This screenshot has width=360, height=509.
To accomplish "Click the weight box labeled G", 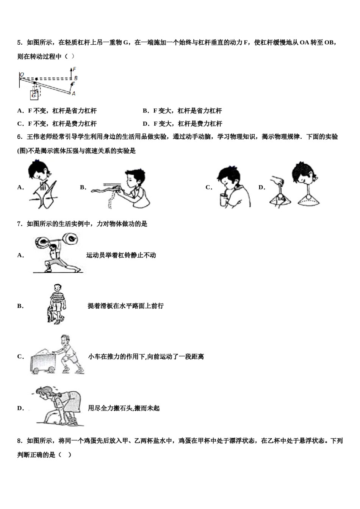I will click(34, 95).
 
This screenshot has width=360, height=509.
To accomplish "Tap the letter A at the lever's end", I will click(74, 94).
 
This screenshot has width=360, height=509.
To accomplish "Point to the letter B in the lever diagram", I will click(76, 78).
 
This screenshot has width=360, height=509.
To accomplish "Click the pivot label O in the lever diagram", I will click(22, 75).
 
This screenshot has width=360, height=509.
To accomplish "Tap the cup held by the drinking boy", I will click(223, 200).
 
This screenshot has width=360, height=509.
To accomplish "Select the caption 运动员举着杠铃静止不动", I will click(121, 255).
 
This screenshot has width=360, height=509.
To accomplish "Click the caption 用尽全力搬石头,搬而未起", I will click(124, 408).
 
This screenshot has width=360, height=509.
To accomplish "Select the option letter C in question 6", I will click(208, 187).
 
